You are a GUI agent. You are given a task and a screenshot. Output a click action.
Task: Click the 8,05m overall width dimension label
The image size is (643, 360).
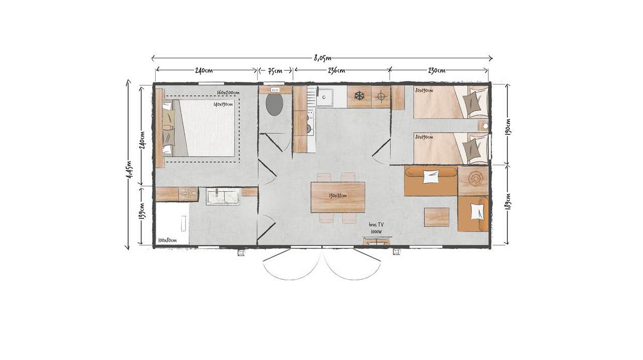[x=323, y=58]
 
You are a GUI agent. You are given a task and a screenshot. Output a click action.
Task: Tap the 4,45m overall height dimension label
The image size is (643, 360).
[x=129, y=170]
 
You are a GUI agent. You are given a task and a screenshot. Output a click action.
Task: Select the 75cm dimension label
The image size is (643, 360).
[x=275, y=70]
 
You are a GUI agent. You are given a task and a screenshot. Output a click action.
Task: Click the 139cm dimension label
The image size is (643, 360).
[x=142, y=211]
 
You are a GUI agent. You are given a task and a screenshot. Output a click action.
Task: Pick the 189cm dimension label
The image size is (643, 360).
[x=507, y=202]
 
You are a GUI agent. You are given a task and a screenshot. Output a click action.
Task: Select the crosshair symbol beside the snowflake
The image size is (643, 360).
[x=381, y=96]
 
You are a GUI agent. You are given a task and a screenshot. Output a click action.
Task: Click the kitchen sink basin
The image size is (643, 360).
[x=325, y=97]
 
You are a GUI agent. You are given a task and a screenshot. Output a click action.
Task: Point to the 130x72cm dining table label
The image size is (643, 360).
[x=338, y=196]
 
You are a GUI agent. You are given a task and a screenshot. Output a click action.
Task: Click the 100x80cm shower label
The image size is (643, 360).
[x=167, y=240]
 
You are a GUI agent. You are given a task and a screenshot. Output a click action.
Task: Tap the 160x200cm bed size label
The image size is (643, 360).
[x=228, y=93]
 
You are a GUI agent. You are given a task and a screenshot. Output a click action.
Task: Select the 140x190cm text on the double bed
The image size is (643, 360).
[x=223, y=104]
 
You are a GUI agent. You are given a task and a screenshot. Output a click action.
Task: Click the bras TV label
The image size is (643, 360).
[x=376, y=225]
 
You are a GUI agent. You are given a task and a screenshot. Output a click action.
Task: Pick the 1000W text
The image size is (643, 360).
[x=376, y=232]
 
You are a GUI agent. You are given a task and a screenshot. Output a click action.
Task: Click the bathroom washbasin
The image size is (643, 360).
[x=223, y=196]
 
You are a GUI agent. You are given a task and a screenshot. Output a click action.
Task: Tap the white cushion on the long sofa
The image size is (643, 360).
[x=431, y=177]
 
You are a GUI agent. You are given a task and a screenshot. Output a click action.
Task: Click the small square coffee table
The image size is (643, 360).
[x=437, y=217]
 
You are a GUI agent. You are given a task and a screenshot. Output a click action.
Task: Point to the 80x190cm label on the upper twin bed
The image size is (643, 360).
[x=424, y=91]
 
